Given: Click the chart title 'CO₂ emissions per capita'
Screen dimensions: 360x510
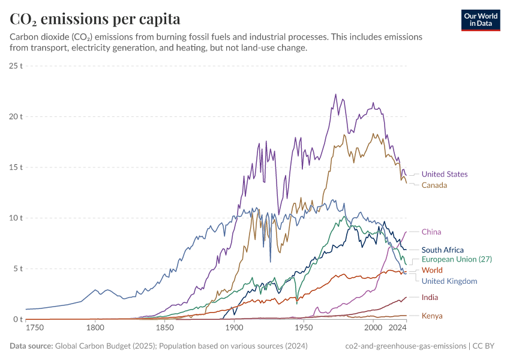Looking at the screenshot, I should pyautogui.click(x=95, y=19).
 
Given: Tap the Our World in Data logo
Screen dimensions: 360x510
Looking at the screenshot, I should pyautogui.click(x=481, y=20).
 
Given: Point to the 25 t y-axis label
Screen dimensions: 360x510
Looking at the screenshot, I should pyautogui.click(x=16, y=66).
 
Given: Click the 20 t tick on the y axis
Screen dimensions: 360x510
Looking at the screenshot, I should pyautogui.click(x=16, y=116).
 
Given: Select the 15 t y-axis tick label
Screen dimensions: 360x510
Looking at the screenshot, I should pyautogui.click(x=16, y=167).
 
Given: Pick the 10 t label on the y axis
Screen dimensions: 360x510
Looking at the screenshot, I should pyautogui.click(x=16, y=218).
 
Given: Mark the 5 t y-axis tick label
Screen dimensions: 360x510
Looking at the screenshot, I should pyautogui.click(x=18, y=269).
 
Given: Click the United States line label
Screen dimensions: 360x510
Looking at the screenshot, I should pyautogui.click(x=445, y=175).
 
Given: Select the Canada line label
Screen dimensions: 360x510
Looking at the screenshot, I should pyautogui.click(x=434, y=185).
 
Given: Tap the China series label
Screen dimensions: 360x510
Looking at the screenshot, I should pyautogui.click(x=431, y=232).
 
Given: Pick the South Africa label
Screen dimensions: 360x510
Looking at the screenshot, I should pyautogui.click(x=443, y=250).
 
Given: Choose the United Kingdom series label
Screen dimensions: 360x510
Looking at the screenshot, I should pyautogui.click(x=449, y=281).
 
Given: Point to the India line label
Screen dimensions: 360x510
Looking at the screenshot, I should pyautogui.click(x=430, y=298).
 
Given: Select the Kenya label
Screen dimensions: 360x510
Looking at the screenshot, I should pyautogui.click(x=432, y=316).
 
